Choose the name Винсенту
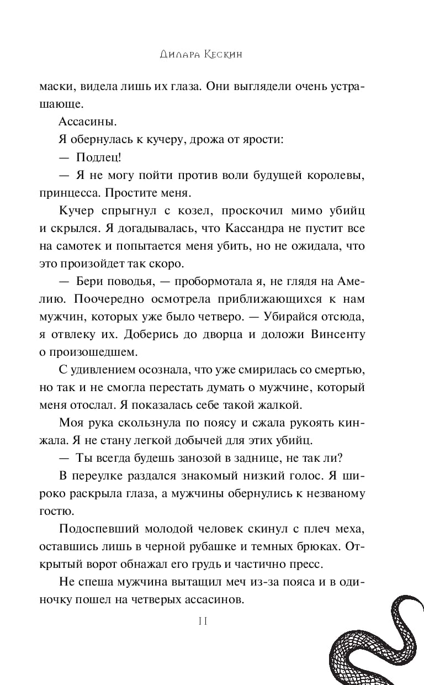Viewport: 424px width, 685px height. pyautogui.click(x=337, y=334)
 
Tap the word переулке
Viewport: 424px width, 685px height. pyautogui.click(x=100, y=476)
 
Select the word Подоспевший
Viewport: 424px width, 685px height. pyautogui.click(x=100, y=529)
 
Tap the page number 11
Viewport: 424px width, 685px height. pyautogui.click(x=202, y=621)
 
